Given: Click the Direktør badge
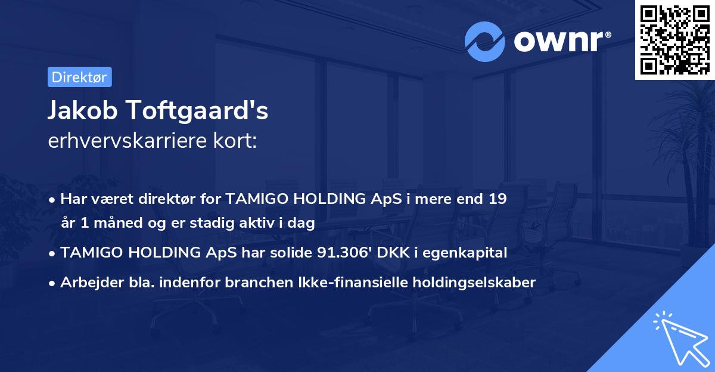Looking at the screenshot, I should (x=79, y=77).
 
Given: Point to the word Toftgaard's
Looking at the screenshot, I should (x=200, y=111).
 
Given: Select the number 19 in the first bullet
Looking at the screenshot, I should (x=497, y=199).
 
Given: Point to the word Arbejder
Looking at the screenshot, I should (x=88, y=282).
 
